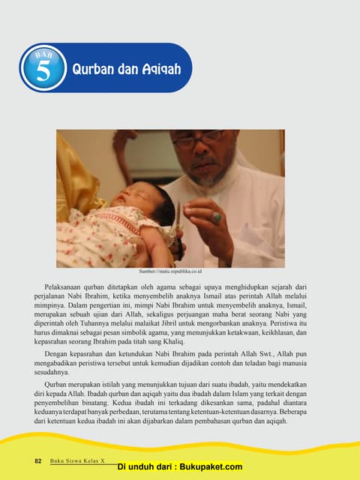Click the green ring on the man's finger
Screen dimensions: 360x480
click(x=216, y=217)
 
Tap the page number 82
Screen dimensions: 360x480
click(x=39, y=460)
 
